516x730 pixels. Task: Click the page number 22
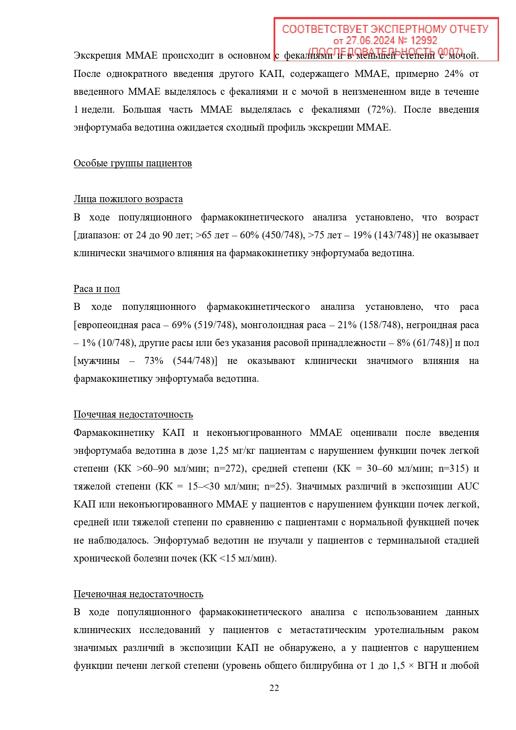(274, 688)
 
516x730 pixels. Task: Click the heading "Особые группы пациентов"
(133, 163)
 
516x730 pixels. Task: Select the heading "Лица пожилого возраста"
(128, 199)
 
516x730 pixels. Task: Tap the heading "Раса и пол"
(97, 289)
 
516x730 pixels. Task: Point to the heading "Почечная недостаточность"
(133, 414)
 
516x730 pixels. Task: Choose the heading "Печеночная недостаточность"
(138, 594)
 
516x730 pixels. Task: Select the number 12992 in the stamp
(424, 41)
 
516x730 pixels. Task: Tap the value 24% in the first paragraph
(454, 74)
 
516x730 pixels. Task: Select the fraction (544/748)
(195, 361)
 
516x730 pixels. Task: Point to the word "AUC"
(468, 486)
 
